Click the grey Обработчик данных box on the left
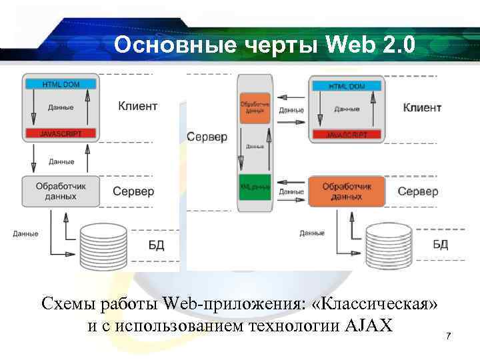click(x=61, y=191)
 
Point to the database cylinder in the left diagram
click(x=103, y=244)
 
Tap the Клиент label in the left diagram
click(x=137, y=105)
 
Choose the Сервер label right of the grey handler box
click(x=133, y=191)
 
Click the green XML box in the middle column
click(x=255, y=187)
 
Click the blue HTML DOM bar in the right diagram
click(x=347, y=86)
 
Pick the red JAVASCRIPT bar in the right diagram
click(x=347, y=134)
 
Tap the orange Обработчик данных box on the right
click(x=347, y=191)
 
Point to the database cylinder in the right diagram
click(x=389, y=244)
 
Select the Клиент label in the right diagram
click(x=422, y=107)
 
